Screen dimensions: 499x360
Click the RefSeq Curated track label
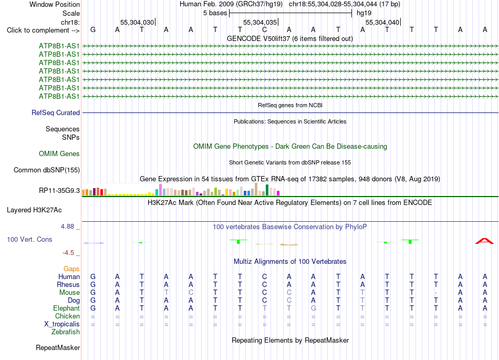pos(56,112)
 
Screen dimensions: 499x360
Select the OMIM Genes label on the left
pos(59,154)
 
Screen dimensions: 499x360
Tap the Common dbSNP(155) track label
pos(47,170)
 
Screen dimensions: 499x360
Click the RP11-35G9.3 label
pos(59,191)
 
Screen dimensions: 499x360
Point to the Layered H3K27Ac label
pos(34,210)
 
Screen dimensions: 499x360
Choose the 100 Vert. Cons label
pos(29,239)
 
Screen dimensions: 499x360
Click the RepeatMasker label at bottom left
pos(58,347)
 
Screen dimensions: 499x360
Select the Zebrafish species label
pos(66,332)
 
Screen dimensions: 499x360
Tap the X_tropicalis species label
pos(62,324)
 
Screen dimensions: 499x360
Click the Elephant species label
pos(67,308)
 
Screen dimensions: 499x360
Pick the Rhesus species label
pos(68,284)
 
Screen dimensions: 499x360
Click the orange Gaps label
pos(71,269)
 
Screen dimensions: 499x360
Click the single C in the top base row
pos(264,30)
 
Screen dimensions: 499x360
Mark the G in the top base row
pos(93,30)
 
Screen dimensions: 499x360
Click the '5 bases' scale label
pos(215,13)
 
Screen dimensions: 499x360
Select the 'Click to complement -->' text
pos(43,30)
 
